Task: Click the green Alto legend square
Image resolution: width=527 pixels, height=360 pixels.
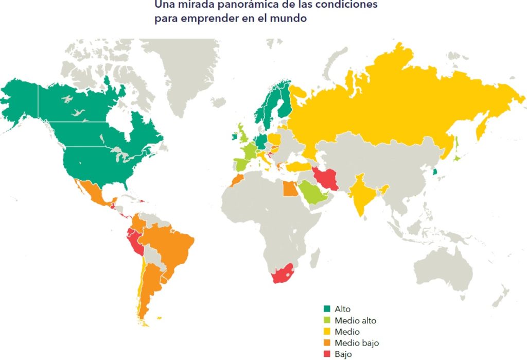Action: click(326, 309)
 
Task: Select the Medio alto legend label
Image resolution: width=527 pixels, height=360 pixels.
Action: click(355, 320)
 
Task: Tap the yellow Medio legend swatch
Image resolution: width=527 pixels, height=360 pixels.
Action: click(326, 332)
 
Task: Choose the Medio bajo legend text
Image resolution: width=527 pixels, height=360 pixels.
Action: click(357, 342)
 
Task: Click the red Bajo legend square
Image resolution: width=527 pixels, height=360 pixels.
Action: click(326, 354)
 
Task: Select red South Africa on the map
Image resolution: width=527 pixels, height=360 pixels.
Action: click(282, 275)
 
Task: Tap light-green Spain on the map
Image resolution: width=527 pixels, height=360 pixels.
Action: click(242, 165)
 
